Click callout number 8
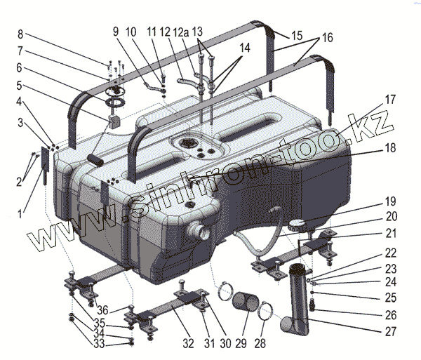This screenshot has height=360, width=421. [20, 34]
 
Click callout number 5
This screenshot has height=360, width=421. [20, 86]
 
